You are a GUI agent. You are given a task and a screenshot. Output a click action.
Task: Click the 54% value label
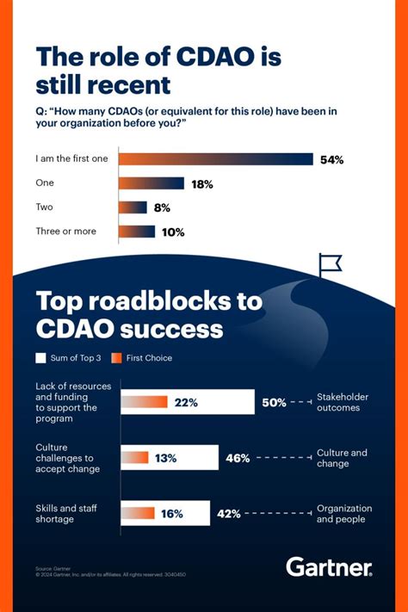(x=332, y=159)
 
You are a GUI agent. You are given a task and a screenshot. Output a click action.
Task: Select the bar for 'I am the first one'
(x=215, y=159)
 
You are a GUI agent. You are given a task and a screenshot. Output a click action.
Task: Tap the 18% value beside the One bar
(x=202, y=183)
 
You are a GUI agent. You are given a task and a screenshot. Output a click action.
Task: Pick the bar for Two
(x=133, y=207)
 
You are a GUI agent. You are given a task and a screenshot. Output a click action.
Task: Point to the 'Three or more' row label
(x=66, y=231)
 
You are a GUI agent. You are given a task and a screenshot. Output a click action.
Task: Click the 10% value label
(x=173, y=232)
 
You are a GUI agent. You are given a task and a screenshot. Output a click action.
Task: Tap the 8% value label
(x=162, y=207)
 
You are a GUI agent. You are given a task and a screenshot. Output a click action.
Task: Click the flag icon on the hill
(x=330, y=265)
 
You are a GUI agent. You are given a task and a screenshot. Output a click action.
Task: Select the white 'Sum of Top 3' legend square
(x=40, y=357)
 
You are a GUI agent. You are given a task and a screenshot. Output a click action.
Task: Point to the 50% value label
(x=274, y=402)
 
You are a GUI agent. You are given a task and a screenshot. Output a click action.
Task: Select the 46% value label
(x=238, y=458)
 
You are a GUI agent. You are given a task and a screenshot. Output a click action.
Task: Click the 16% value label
(x=172, y=514)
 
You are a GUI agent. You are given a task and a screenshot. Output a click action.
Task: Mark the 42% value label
(x=228, y=514)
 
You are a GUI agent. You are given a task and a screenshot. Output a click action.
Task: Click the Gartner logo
(x=329, y=567)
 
